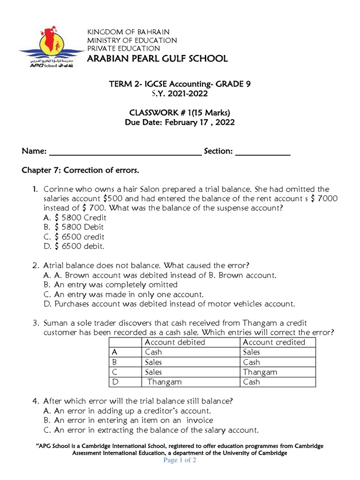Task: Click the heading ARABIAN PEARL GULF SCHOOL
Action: click(157, 59)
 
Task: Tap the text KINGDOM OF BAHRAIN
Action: click(128, 31)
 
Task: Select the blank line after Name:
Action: click(125, 151)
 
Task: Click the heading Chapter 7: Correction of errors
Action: click(81, 170)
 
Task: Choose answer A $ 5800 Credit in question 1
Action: click(75, 217)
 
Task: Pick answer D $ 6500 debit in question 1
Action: click(74, 246)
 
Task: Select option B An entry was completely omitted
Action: click(111, 285)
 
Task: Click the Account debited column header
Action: click(175, 342)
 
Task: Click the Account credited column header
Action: click(274, 342)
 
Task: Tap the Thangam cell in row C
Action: click(260, 372)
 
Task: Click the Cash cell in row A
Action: click(154, 352)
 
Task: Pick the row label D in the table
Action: click(114, 382)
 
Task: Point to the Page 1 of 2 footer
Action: click(180, 460)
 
